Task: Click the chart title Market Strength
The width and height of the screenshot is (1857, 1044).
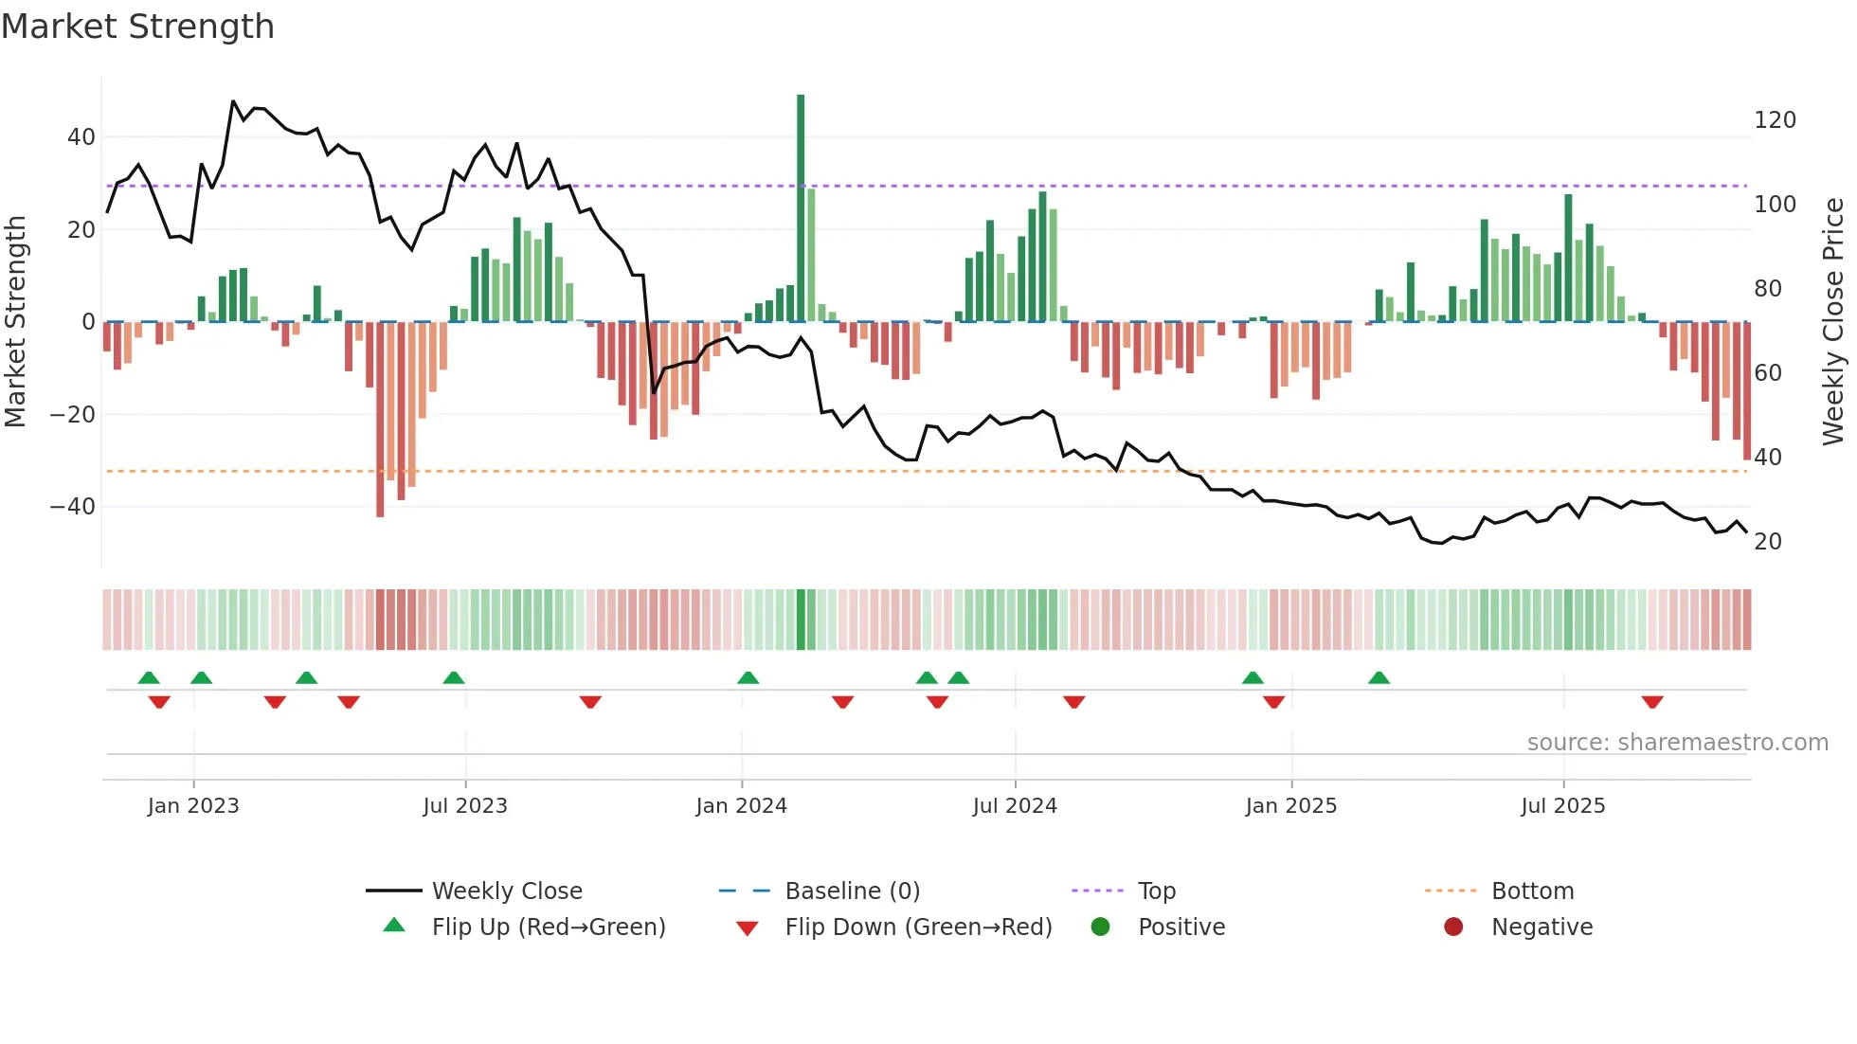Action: click(x=137, y=27)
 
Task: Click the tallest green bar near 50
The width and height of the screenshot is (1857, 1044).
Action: click(x=801, y=208)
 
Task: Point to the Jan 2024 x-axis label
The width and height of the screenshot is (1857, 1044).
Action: click(x=741, y=806)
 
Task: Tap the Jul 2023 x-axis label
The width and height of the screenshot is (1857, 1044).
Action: click(x=465, y=806)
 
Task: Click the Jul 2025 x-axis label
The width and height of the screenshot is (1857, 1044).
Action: click(x=1563, y=806)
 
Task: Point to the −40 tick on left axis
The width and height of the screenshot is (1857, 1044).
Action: click(x=73, y=507)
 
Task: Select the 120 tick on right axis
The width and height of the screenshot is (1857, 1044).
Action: click(x=1775, y=120)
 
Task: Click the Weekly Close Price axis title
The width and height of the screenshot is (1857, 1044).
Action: click(x=1833, y=322)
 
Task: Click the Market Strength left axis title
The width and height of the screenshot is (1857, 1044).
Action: click(x=15, y=322)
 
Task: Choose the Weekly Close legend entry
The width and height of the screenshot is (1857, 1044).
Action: click(x=507, y=891)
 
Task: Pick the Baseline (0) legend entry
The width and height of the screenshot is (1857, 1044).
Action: click(x=852, y=891)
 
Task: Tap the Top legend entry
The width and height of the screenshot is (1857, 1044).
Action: click(x=1156, y=891)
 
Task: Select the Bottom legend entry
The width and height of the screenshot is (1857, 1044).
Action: click(x=1532, y=891)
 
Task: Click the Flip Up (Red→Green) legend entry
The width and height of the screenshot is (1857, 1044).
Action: click(x=548, y=927)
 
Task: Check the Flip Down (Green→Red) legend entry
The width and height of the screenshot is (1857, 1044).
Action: click(x=918, y=927)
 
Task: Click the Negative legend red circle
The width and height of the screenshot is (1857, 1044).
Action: click(x=1453, y=927)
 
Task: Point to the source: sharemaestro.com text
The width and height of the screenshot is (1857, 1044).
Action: click(x=1677, y=743)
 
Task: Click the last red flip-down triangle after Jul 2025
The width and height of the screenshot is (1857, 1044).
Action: click(x=1652, y=702)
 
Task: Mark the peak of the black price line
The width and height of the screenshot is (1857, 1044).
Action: click(x=233, y=101)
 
